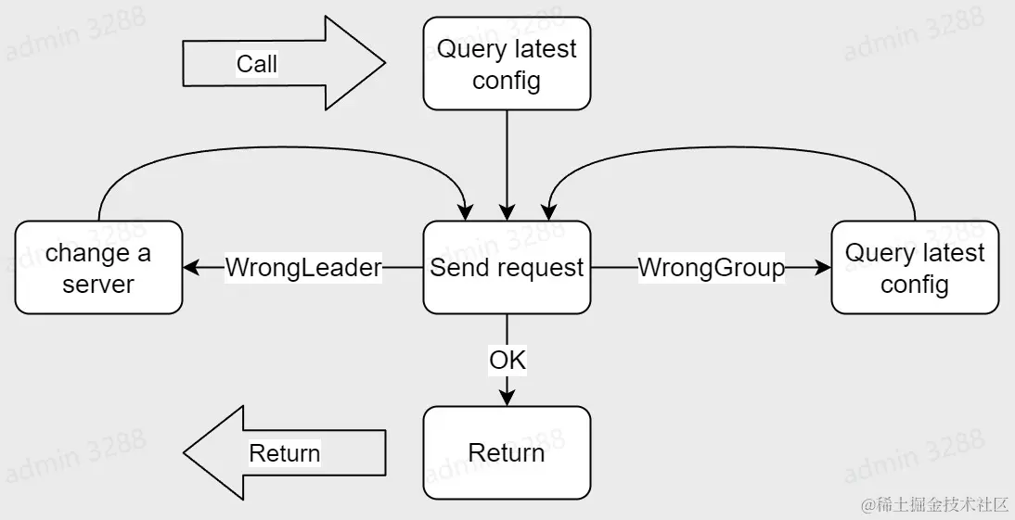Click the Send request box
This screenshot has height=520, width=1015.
coord(507,268)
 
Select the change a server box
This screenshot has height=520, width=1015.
coord(98,268)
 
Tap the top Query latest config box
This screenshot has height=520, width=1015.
coord(507,64)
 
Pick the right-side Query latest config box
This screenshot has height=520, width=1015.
coord(915,268)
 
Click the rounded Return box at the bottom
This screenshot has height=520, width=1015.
coord(507,452)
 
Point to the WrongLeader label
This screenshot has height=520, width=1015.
coord(303,268)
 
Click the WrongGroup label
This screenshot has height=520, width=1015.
coord(711,268)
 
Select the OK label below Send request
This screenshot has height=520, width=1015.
coord(507,360)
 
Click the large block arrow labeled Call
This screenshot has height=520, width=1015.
coord(283,64)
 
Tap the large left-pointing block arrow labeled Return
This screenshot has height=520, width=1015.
coord(283,452)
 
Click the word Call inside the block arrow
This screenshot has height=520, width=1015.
coord(257,64)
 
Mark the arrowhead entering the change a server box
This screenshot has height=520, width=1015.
coord(190,268)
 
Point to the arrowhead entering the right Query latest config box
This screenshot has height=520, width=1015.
coord(824,268)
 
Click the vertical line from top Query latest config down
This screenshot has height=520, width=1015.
coord(507,158)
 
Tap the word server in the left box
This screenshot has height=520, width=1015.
coord(98,284)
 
